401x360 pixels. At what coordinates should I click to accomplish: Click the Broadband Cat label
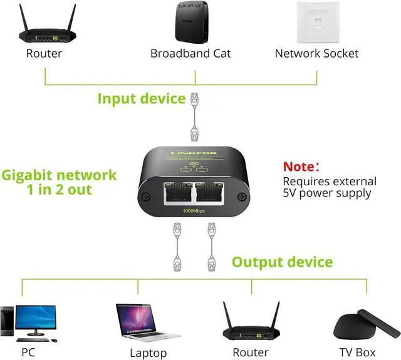point(190,53)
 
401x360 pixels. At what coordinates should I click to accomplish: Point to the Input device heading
point(142,98)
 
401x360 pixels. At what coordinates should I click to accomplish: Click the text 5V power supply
point(327,193)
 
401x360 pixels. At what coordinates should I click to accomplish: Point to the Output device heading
point(282,261)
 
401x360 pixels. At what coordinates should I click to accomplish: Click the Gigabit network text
point(59,175)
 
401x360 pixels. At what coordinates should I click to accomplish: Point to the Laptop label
point(148,353)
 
